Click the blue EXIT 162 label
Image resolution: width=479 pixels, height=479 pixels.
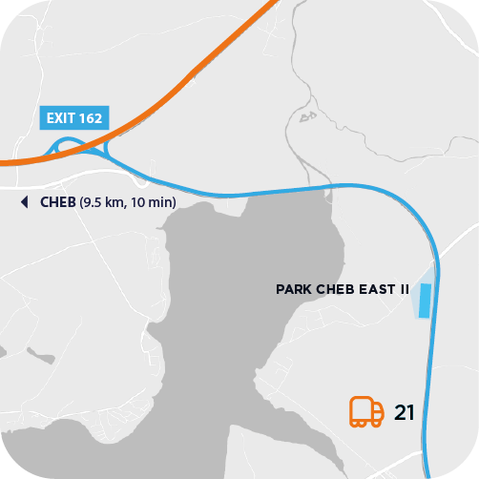click(74, 119)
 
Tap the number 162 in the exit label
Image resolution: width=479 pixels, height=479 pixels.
click(90, 119)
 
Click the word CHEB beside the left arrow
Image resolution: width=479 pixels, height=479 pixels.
click(57, 202)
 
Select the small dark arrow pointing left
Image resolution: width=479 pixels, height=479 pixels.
click(25, 202)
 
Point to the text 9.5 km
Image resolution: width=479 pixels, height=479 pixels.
click(104, 202)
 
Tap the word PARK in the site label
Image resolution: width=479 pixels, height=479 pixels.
click(292, 288)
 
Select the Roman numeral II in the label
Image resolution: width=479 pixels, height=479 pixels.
click(404, 288)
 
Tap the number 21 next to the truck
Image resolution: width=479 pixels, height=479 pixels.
click(404, 412)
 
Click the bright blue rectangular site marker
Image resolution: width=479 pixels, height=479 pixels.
click(426, 300)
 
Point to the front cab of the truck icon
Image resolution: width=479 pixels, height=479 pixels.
click(379, 411)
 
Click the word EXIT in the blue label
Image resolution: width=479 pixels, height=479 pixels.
click(58, 119)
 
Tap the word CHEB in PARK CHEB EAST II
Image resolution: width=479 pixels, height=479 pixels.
click(334, 288)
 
